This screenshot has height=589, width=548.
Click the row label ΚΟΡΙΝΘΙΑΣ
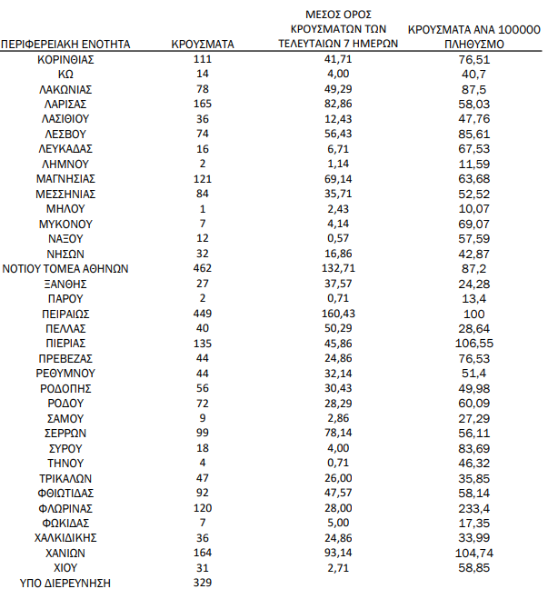pyautogui.click(x=65, y=58)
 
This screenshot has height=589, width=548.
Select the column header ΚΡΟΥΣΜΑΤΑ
pyautogui.click(x=203, y=43)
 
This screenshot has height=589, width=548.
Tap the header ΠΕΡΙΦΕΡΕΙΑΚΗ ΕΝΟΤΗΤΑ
pyautogui.click(x=65, y=43)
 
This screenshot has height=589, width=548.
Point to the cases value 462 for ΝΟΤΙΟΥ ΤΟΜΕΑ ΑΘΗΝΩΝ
pyautogui.click(x=203, y=268)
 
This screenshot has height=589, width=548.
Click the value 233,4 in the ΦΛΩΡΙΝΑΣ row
pyautogui.click(x=474, y=508)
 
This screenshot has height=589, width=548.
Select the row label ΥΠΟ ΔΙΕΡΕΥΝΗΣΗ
pyautogui.click(x=65, y=583)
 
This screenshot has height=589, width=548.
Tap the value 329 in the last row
pyautogui.click(x=203, y=583)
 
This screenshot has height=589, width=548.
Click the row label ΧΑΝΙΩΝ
pyautogui.click(x=65, y=553)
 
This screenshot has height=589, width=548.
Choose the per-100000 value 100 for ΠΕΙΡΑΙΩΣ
pyautogui.click(x=474, y=314)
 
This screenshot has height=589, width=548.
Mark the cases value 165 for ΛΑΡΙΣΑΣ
pyautogui.click(x=203, y=104)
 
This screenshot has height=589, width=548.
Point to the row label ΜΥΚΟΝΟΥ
pyautogui.click(x=65, y=224)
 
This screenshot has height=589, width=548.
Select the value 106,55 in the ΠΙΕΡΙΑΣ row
pyautogui.click(x=474, y=344)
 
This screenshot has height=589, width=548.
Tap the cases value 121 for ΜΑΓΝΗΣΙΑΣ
pyautogui.click(x=203, y=178)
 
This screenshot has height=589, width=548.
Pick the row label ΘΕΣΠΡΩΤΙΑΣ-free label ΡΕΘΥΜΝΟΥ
pyautogui.click(x=65, y=374)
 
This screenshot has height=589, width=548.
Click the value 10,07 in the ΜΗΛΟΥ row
pyautogui.click(x=474, y=208)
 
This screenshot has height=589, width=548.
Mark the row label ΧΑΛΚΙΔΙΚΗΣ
pyautogui.click(x=65, y=538)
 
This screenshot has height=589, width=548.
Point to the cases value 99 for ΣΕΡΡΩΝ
pyautogui.click(x=203, y=434)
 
